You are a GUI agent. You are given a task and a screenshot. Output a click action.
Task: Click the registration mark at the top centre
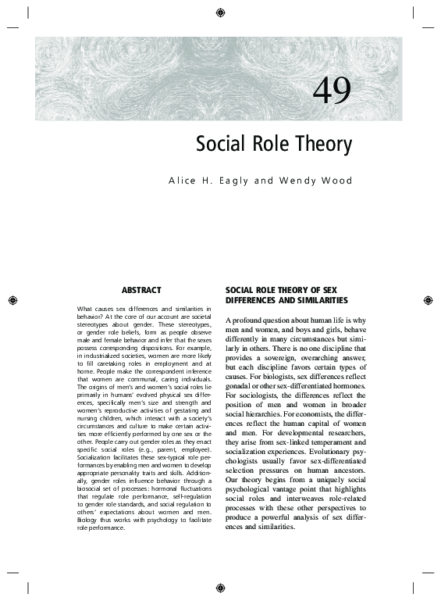(x=221, y=12)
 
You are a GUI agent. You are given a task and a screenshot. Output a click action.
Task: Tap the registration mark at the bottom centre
(x=221, y=589)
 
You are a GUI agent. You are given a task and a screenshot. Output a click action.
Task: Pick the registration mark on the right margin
(x=428, y=300)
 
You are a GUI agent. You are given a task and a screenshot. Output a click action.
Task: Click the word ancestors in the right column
(x=344, y=470)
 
